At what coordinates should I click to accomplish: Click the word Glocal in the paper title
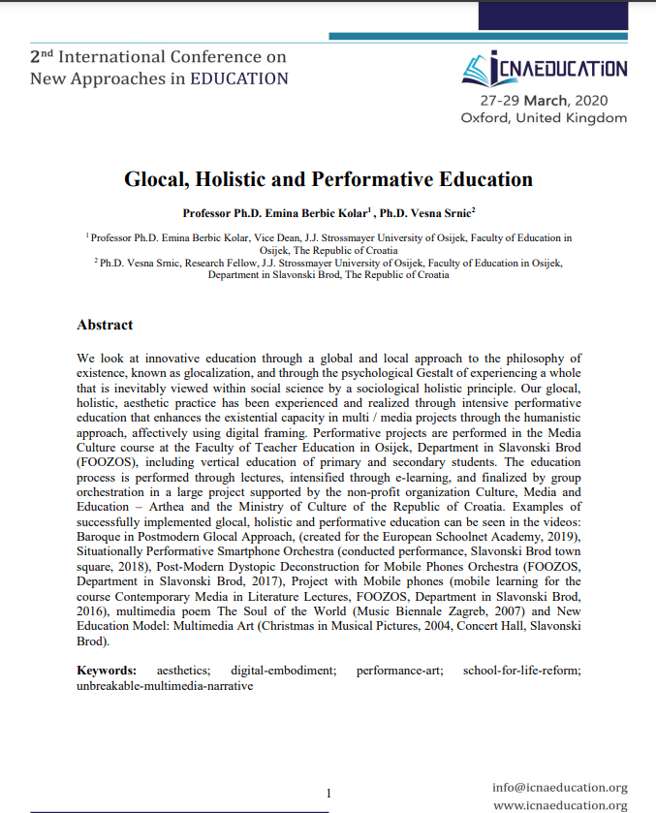pyautogui.click(x=156, y=179)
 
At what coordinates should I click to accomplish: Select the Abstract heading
pyautogui.click(x=105, y=325)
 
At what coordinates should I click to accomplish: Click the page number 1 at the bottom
pyautogui.click(x=328, y=793)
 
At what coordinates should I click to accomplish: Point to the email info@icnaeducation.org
pyautogui.click(x=559, y=787)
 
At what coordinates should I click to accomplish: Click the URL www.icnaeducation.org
pyautogui.click(x=559, y=804)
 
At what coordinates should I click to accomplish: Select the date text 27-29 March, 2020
pyautogui.click(x=544, y=100)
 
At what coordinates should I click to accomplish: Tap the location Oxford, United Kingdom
pyautogui.click(x=544, y=117)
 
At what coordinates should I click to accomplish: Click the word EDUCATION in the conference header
pyautogui.click(x=238, y=78)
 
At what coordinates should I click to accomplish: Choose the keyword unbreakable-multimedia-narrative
pyautogui.click(x=165, y=685)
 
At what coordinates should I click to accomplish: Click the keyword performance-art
pyautogui.click(x=399, y=670)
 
